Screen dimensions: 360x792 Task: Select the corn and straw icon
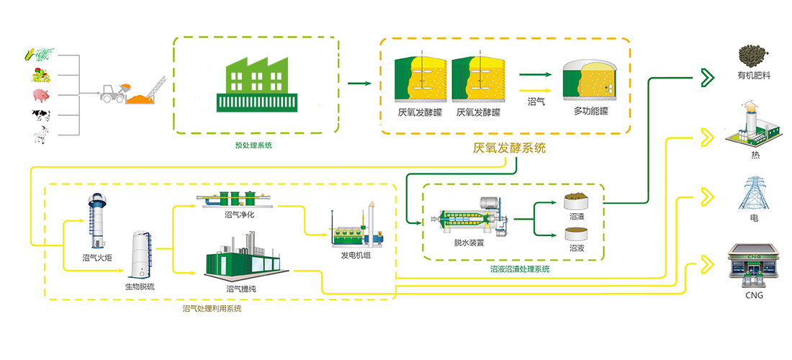(37, 53)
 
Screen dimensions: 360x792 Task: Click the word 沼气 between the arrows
(536, 102)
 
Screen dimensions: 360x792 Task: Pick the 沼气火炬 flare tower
(96, 220)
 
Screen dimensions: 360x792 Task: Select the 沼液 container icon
(576, 233)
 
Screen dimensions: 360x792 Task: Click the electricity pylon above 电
(753, 191)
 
